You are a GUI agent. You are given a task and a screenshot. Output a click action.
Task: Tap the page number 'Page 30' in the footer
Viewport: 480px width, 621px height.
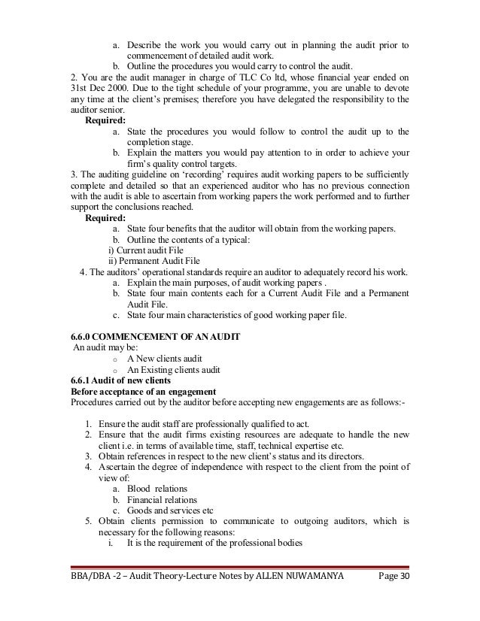coord(389,598)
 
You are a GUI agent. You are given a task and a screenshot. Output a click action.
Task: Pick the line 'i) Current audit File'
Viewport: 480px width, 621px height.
coord(146,250)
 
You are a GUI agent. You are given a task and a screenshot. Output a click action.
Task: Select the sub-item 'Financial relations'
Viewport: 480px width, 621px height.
coord(163,499)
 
